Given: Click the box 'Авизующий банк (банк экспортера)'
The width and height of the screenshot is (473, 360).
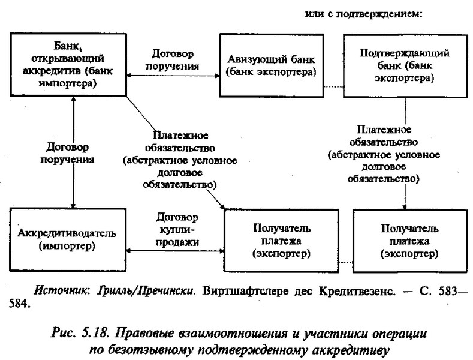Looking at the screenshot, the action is pos(272,65).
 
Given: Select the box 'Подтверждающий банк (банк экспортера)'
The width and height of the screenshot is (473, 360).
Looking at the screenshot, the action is pos(405,65).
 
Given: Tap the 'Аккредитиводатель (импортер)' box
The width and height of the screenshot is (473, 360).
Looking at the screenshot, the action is pos(68,240).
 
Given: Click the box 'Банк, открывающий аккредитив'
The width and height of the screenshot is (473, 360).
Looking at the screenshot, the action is pos(68,65).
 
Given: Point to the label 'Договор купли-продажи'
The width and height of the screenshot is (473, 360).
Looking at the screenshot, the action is pos(177,230).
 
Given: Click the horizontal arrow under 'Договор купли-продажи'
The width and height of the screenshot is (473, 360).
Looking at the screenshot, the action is pos(175,251).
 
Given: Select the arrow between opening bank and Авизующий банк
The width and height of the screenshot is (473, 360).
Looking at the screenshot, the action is pos(173,76).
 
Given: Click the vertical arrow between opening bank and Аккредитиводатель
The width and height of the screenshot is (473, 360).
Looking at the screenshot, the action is pos(73,152).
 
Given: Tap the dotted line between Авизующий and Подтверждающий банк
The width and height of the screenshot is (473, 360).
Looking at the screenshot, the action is pos(334,87).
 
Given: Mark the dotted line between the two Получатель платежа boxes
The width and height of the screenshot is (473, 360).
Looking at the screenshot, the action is pos(346,262).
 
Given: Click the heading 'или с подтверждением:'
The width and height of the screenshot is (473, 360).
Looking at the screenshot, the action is pos(363,14).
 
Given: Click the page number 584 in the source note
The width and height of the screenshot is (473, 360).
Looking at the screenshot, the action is pos(19,304).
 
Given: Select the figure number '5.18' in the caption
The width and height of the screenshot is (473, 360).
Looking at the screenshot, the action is pos(94,334).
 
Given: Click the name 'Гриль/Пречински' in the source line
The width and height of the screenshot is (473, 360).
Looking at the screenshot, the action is pos(145,290).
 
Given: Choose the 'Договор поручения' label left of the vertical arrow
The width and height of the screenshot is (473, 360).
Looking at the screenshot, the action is pos(67,153).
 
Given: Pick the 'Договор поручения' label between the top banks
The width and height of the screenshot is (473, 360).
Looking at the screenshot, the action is pos(172,60).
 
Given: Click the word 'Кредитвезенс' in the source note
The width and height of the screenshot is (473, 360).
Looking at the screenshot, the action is pos(357,291).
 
